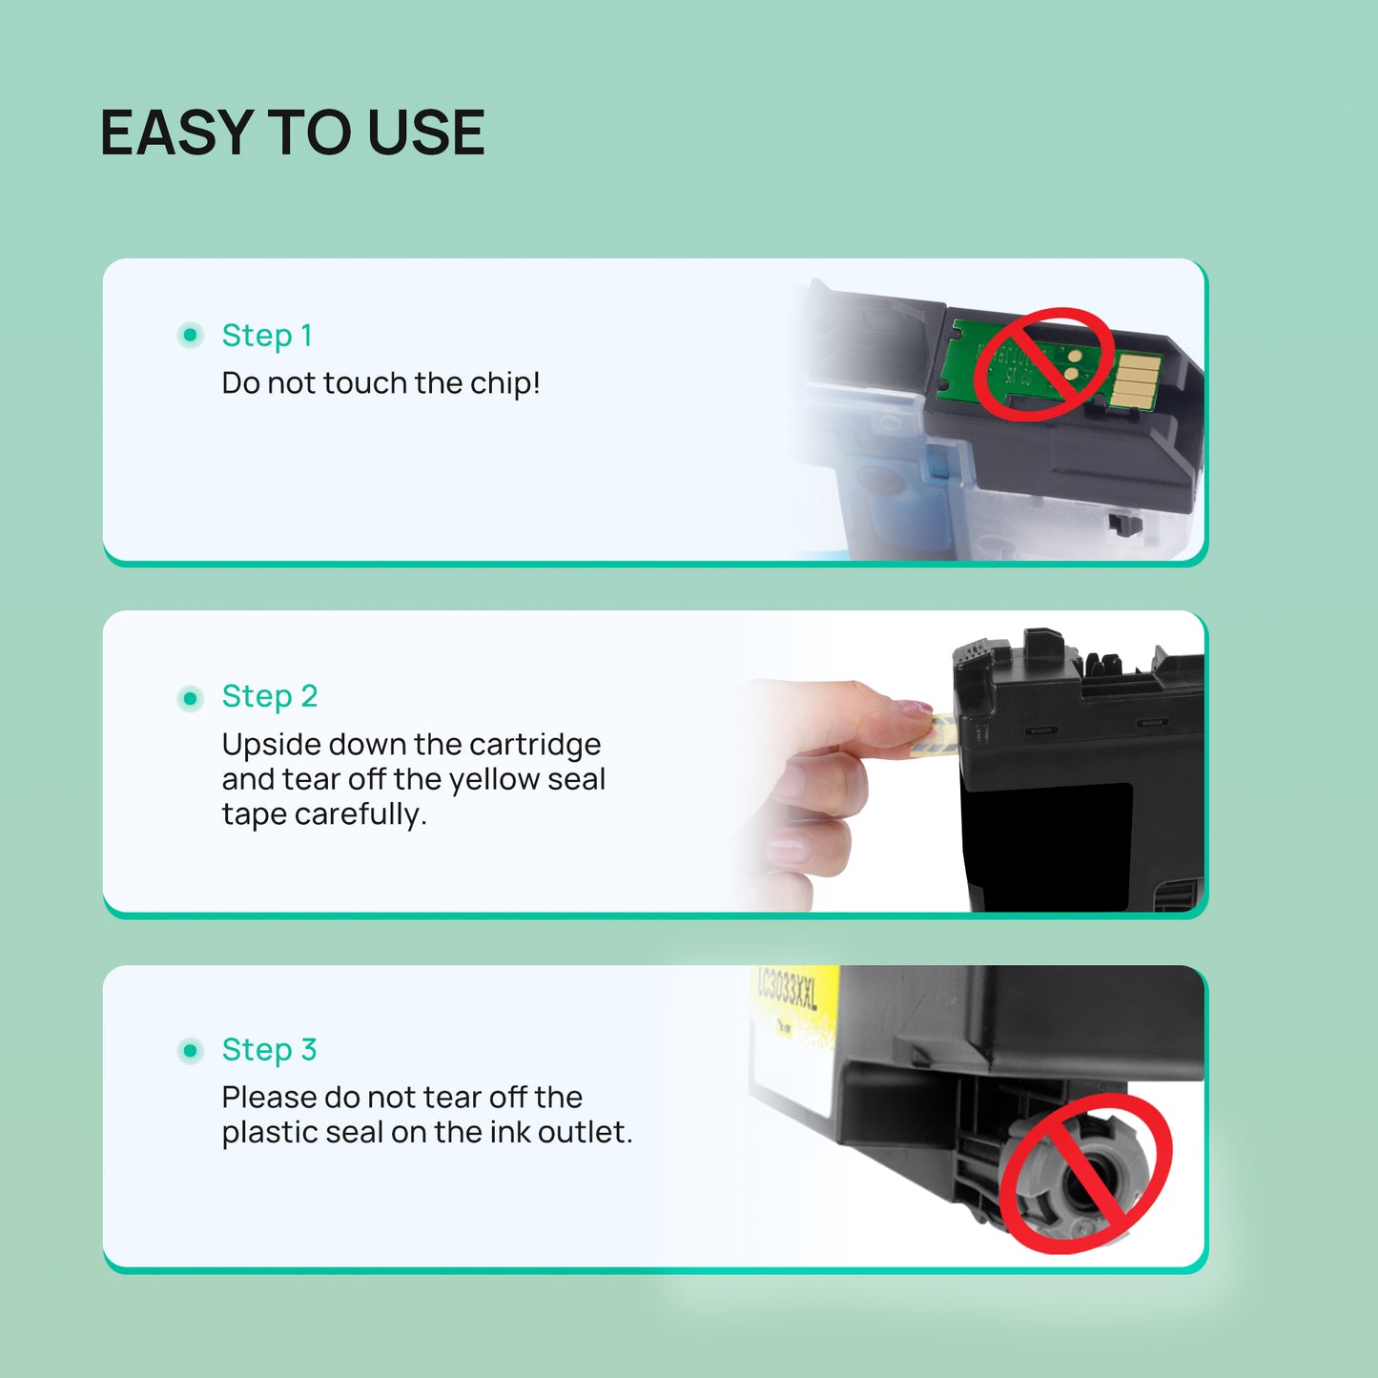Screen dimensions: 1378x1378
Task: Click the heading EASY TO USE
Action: coord(292,133)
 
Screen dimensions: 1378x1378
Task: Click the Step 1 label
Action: coord(266,336)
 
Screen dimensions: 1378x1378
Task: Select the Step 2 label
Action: coord(269,696)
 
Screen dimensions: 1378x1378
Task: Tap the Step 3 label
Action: coord(269,1049)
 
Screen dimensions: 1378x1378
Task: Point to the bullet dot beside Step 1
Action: coord(191,335)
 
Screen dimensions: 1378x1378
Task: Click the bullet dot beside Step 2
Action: coord(191,699)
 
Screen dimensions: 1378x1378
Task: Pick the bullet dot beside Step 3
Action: coord(191,1051)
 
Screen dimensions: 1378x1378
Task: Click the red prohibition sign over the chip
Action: coord(1043,364)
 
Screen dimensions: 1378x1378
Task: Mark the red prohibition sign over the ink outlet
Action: coord(1085,1174)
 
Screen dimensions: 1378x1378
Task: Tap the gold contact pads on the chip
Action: coord(1136,379)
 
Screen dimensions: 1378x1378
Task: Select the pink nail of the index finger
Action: coord(913,709)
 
